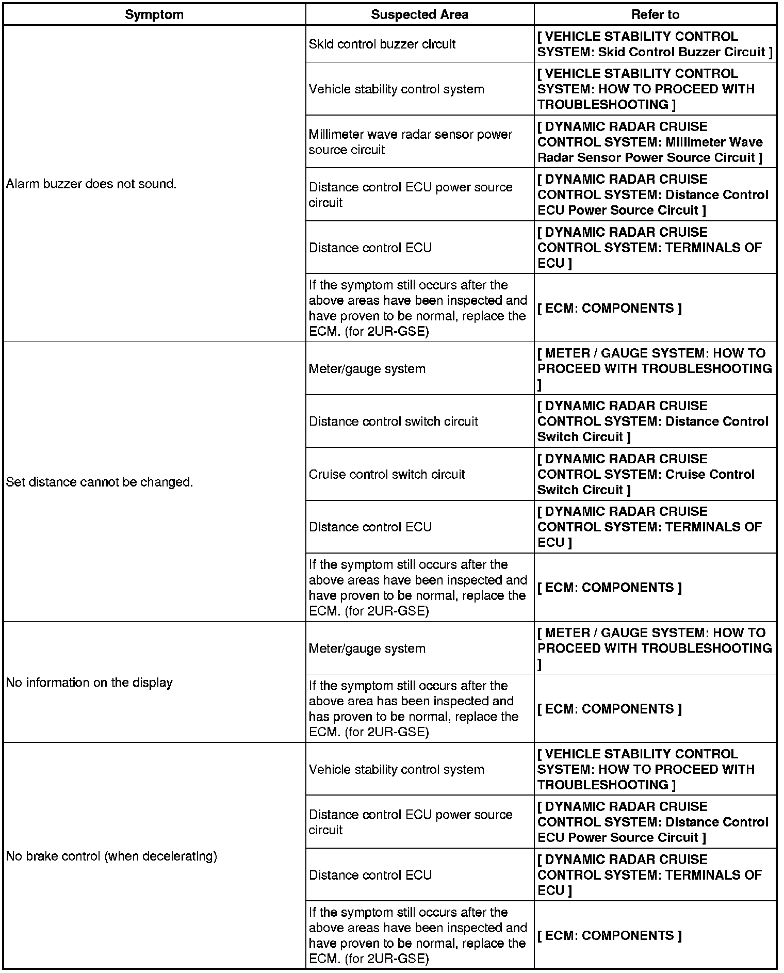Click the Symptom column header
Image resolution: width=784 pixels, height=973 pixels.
pyautogui.click(x=154, y=14)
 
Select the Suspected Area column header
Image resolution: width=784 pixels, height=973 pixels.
pyautogui.click(x=419, y=14)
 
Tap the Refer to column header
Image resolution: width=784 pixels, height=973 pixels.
pyautogui.click(x=655, y=14)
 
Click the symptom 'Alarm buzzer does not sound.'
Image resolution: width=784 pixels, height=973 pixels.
pyautogui.click(x=91, y=184)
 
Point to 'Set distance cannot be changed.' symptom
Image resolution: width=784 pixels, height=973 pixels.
pyautogui.click(x=99, y=482)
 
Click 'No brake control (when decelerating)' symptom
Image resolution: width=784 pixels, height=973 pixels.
pyautogui.click(x=111, y=856)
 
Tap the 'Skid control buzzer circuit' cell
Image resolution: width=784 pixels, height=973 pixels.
pyautogui.click(x=382, y=44)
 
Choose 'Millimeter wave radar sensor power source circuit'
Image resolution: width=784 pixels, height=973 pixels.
pyautogui.click(x=410, y=142)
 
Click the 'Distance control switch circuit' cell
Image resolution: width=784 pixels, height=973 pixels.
pyautogui.click(x=394, y=421)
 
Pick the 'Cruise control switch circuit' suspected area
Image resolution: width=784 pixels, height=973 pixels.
pyautogui.click(x=387, y=474)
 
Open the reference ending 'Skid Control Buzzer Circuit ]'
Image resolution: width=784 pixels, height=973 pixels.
pyautogui.click(x=655, y=44)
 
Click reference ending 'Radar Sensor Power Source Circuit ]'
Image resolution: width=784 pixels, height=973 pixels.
pyautogui.click(x=650, y=142)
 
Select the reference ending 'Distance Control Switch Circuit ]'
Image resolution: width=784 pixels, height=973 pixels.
pyautogui.click(x=652, y=421)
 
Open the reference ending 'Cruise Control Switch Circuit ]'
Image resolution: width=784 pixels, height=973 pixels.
pyautogui.click(x=646, y=474)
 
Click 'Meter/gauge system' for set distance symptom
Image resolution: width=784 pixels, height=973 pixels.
pyautogui.click(x=367, y=369)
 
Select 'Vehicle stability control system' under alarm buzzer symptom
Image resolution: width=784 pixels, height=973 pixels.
pyautogui.click(x=396, y=89)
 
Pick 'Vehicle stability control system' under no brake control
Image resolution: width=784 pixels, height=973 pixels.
pyautogui.click(x=396, y=769)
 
